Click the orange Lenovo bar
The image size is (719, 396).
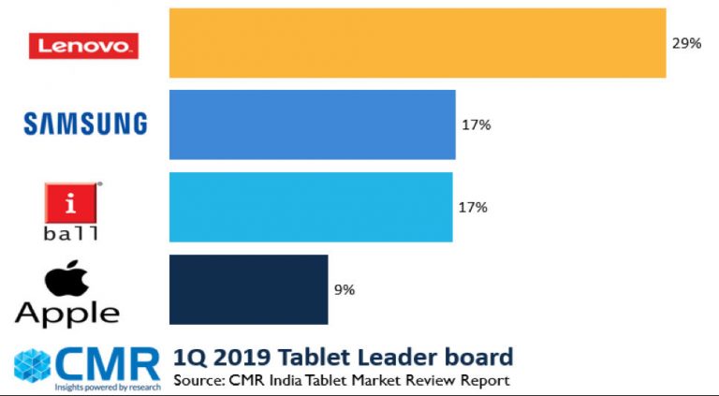click(x=417, y=43)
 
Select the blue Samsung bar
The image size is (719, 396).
click(x=312, y=125)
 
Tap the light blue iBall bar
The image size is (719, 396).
click(x=311, y=207)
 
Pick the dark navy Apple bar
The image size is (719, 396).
click(x=248, y=289)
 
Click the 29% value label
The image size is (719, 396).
click(x=686, y=43)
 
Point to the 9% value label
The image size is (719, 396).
click(x=345, y=290)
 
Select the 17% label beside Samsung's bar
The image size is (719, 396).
click(x=476, y=125)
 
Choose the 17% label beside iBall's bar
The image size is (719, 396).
click(x=473, y=207)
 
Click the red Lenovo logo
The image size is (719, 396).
click(x=83, y=46)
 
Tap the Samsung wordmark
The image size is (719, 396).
click(x=85, y=123)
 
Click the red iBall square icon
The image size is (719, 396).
click(x=71, y=202)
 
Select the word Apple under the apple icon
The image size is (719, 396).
click(x=67, y=314)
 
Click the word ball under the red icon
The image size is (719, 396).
click(x=71, y=234)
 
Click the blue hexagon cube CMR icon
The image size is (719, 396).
click(x=31, y=366)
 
